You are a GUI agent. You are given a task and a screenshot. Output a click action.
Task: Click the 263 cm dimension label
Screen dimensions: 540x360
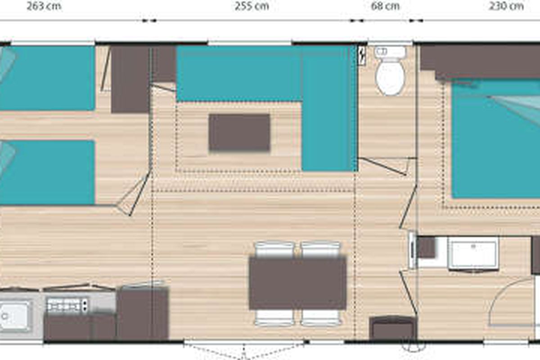[x=44, y=6]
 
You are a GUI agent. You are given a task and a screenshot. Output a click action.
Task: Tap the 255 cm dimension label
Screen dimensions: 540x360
[x=252, y=6]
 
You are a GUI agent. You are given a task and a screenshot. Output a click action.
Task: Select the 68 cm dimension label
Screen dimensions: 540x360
[x=385, y=6]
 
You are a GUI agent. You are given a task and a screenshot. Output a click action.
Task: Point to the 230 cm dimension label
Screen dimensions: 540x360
[x=506, y=6]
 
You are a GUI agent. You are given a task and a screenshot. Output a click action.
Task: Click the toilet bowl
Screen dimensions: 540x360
[x=390, y=76]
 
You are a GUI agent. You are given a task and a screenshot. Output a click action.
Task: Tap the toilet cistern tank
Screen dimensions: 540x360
[x=390, y=52]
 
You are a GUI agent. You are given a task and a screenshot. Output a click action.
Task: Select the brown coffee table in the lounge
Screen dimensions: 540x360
[x=239, y=133]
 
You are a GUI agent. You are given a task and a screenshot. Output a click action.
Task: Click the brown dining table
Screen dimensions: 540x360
[x=298, y=283]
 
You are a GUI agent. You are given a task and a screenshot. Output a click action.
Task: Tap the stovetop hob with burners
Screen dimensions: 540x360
[x=67, y=305]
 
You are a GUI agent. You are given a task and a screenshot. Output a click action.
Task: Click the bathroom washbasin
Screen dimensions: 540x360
[x=473, y=254]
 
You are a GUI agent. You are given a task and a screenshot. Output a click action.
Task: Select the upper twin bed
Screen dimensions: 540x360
[x=47, y=78]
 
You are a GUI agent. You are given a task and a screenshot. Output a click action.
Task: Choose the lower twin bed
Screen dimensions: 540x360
[x=47, y=172]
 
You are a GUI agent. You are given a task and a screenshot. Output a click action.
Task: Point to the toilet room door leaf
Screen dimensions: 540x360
[x=382, y=166]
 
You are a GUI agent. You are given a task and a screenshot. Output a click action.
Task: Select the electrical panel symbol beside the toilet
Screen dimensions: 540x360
[x=362, y=56]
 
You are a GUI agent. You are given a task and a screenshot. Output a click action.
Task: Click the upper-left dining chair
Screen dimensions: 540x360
[x=274, y=250]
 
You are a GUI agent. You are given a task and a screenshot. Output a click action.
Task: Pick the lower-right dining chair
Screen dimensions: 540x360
[x=320, y=318]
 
